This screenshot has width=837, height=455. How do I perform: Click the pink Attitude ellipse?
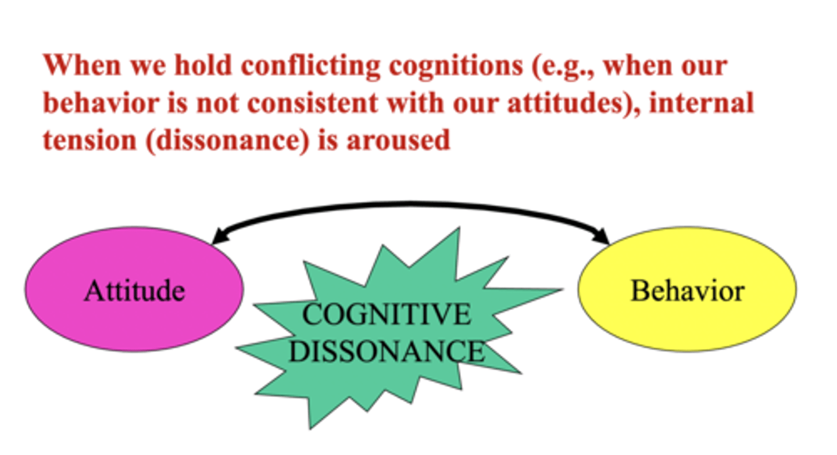click(134, 289)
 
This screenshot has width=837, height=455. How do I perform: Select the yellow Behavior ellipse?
click(687, 289)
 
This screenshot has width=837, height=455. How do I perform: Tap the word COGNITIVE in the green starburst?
click(386, 315)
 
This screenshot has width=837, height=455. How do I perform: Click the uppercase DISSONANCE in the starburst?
click(386, 350)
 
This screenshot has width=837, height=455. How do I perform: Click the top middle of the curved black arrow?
click(410, 204)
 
